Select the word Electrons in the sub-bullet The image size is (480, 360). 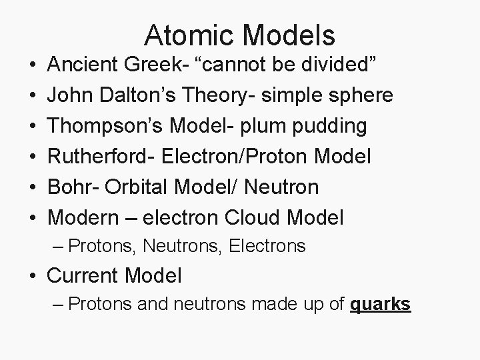(267, 247)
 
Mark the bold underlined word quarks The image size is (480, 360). (380, 305)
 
